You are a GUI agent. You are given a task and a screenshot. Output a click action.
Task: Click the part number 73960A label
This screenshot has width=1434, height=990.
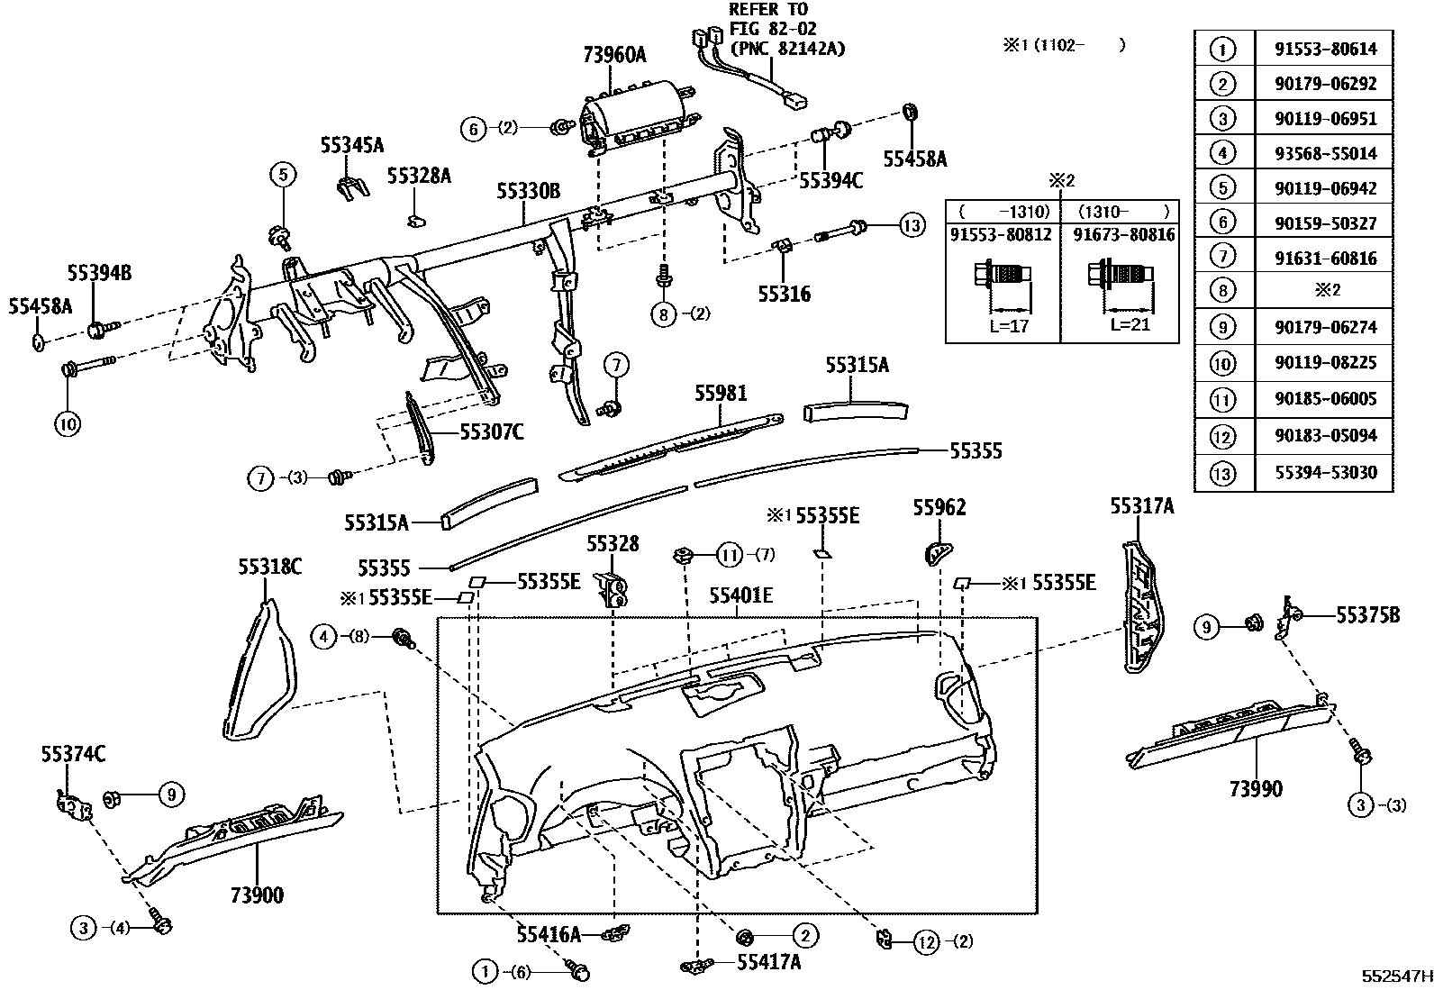pos(614,55)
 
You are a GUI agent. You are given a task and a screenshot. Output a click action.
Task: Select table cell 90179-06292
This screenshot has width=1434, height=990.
pos(1325,84)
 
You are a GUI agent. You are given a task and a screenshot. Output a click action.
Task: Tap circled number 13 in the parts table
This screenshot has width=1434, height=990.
pos(1223,473)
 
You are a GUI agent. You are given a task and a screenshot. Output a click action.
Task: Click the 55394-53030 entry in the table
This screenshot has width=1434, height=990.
pos(1325,473)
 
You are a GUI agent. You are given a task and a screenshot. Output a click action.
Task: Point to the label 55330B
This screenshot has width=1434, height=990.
pos(528,191)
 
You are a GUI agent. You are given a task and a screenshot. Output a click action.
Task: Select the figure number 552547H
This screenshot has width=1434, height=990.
pos(1395,976)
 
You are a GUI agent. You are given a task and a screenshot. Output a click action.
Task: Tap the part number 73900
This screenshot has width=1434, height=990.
pos(257,895)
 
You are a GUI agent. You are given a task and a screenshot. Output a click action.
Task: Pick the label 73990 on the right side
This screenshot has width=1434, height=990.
pos(1255,789)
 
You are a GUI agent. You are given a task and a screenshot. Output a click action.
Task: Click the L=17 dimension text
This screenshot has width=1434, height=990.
pos(1007,326)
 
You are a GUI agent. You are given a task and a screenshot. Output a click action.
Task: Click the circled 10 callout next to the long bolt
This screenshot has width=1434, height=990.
pos(68,422)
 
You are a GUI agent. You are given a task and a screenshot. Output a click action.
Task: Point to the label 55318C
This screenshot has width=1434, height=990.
pos(269,567)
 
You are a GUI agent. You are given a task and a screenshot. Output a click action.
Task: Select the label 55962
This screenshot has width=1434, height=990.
pos(939,508)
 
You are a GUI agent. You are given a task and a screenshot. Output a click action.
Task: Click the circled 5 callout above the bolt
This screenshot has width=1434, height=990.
pos(282,174)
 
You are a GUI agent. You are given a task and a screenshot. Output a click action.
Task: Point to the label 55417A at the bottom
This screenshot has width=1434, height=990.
pos(768,962)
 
